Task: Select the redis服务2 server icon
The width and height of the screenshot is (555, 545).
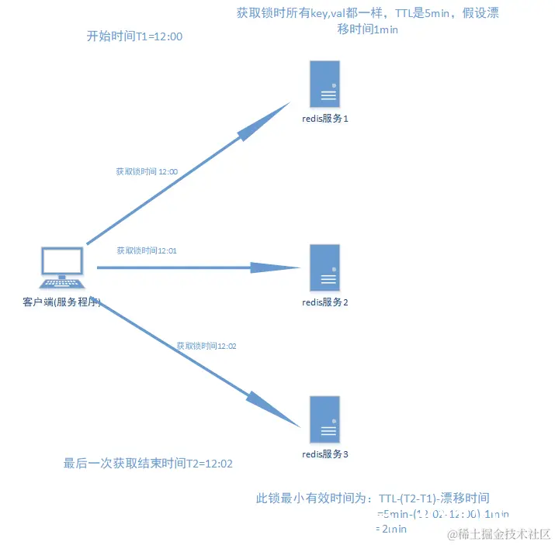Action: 325,267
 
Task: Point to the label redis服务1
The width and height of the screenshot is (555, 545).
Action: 325,119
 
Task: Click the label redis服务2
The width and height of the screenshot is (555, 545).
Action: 325,302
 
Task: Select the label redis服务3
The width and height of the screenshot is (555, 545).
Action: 325,454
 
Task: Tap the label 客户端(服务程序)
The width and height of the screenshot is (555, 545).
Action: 62,302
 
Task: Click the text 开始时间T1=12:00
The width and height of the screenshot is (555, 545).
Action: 134,36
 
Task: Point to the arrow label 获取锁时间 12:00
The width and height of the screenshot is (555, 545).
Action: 147,171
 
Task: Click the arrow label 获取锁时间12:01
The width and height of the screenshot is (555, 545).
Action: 147,250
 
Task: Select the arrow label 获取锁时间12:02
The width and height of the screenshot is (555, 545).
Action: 206,346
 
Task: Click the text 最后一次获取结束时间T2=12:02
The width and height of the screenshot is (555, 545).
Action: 148,464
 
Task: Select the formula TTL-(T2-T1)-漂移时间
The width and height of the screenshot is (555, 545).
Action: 435,498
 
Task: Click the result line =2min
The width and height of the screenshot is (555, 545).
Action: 392,529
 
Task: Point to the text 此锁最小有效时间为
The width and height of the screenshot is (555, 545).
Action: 315,498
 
